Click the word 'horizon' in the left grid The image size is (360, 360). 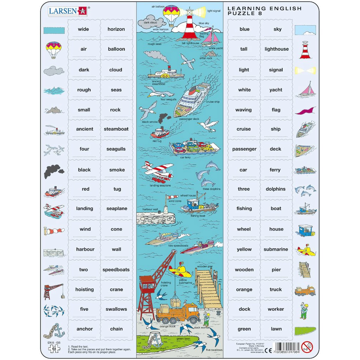pos(116,29)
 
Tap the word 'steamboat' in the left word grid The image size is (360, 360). pos(116,129)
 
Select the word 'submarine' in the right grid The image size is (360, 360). pos(276,249)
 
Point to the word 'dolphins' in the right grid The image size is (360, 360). pos(276,189)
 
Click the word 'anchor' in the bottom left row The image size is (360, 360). pos(85,329)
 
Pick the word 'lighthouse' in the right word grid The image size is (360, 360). pos(276,49)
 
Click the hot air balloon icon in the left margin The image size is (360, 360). pos(53,49)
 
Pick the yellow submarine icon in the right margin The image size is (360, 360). pos(305,249)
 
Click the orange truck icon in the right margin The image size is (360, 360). pos(305,290)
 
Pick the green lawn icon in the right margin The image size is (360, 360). pos(305,330)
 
